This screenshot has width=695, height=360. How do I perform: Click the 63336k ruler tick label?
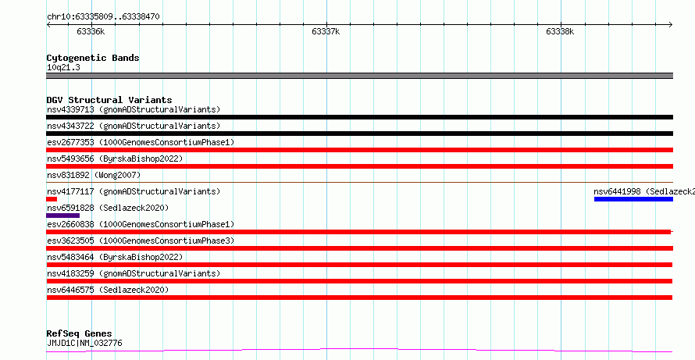coord(91,31)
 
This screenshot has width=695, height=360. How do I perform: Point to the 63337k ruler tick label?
coord(326,31)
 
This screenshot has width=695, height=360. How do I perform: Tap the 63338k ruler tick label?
coord(560,31)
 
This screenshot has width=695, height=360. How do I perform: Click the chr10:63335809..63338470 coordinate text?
coord(103,17)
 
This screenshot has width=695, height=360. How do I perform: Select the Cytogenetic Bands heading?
coord(93,58)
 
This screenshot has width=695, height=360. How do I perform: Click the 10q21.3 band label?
coord(63,67)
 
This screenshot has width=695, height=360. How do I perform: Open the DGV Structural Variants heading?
coord(109,100)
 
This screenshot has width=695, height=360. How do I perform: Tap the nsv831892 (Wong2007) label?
coord(94,175)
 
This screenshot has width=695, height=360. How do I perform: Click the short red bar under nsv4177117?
coord(52,199)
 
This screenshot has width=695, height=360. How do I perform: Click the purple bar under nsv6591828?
coord(63,216)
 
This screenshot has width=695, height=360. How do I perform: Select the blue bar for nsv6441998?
coord(633,199)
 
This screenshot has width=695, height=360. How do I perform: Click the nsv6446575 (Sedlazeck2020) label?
coord(108,290)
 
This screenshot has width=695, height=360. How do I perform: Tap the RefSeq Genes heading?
coord(80,333)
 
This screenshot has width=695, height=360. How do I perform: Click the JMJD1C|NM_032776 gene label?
coord(84,343)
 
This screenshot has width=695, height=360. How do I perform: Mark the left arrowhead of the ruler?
coord(48,25)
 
